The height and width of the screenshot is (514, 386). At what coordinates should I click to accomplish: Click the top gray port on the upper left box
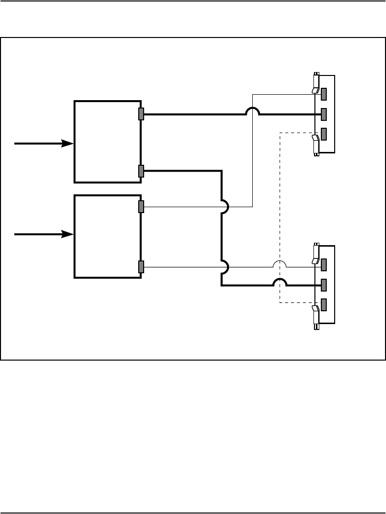click(x=141, y=114)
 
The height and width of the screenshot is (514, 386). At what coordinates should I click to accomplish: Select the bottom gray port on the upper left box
click(x=141, y=171)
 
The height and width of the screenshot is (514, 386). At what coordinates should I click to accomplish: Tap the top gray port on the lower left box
click(x=141, y=207)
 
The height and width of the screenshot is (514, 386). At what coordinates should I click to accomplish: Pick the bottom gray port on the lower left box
click(x=141, y=267)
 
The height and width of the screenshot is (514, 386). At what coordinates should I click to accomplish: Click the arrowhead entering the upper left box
click(x=67, y=144)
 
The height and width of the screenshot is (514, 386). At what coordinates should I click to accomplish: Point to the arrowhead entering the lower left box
click(x=67, y=234)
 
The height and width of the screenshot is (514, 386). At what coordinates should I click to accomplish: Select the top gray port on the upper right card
click(x=324, y=94)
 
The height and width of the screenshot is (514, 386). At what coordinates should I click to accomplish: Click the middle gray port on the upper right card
click(x=324, y=114)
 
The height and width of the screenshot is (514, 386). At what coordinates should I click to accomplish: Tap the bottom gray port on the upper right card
click(x=324, y=134)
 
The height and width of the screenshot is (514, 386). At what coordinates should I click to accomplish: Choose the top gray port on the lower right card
click(x=324, y=265)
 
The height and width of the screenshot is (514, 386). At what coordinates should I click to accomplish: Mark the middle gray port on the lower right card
click(x=324, y=285)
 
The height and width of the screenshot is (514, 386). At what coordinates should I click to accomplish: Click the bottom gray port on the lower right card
click(x=324, y=304)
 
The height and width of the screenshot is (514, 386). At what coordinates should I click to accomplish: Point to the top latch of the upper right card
click(x=315, y=84)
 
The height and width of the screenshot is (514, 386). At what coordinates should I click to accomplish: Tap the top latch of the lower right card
click(x=315, y=255)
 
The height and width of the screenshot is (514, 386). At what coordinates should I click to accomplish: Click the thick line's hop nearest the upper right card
click(x=253, y=110)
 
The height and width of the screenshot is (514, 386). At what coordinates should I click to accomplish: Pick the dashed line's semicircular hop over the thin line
click(x=280, y=263)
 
